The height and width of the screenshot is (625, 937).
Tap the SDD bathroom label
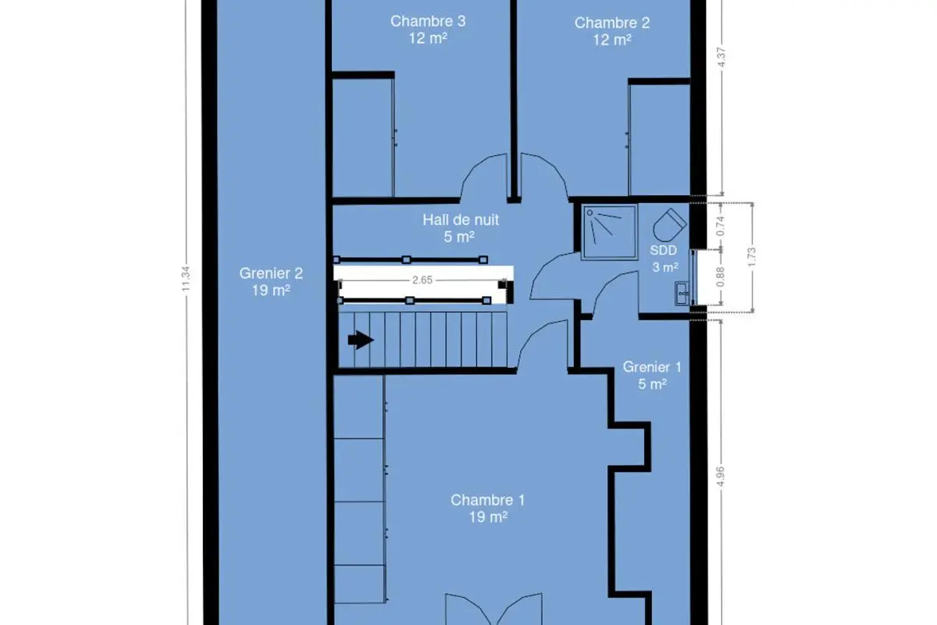(x=664, y=250)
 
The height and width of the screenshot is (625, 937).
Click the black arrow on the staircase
(x=361, y=340)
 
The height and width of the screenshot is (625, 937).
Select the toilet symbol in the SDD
(x=670, y=225)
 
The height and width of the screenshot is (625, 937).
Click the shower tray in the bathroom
(x=608, y=232)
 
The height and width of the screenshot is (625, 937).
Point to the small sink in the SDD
(x=682, y=293)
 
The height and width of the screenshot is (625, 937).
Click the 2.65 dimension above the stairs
(x=422, y=280)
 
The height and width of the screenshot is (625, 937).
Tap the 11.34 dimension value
(x=186, y=279)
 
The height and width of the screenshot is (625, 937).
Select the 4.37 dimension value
(x=721, y=57)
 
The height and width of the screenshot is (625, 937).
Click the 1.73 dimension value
(x=752, y=257)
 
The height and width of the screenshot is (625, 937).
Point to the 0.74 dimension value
(x=720, y=226)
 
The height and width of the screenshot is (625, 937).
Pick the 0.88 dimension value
(x=720, y=277)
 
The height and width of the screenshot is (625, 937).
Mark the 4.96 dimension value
(x=720, y=477)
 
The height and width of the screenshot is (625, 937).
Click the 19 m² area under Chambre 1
(x=488, y=517)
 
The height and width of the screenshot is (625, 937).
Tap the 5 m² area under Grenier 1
(x=652, y=384)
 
